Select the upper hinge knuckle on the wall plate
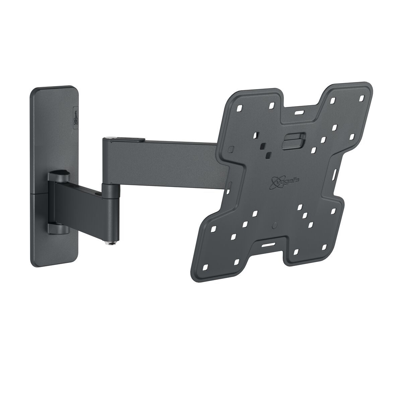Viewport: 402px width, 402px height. [58, 176]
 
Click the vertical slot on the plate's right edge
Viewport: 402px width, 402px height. [335, 174]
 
